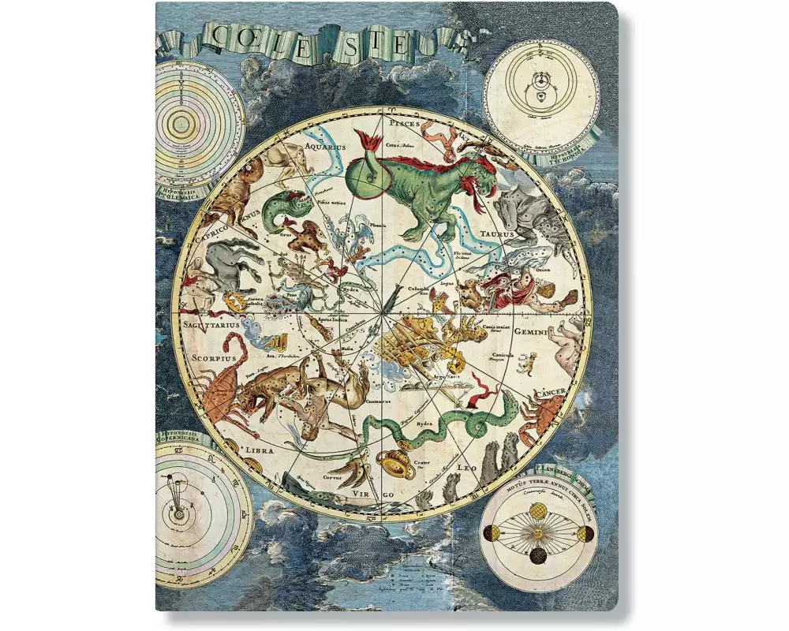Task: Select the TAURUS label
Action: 497,234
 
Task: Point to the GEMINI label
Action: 537,332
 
